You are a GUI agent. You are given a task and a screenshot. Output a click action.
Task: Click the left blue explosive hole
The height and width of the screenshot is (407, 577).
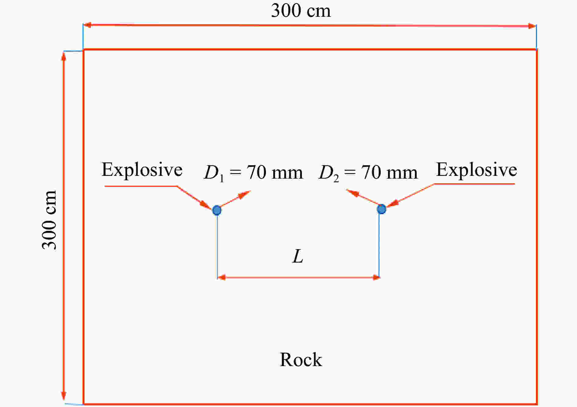[217, 210]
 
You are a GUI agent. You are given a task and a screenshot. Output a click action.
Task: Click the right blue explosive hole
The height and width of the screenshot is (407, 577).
[381, 209]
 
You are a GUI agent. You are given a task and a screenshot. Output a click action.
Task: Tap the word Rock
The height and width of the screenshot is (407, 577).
[301, 359]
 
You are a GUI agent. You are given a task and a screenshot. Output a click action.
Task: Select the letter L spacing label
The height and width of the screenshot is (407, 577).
[298, 256]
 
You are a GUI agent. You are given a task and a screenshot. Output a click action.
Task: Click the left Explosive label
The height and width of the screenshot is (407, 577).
[142, 170]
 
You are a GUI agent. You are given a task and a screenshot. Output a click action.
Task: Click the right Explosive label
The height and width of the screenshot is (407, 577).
[477, 170]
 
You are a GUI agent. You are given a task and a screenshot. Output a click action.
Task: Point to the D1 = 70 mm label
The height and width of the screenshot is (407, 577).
[253, 173]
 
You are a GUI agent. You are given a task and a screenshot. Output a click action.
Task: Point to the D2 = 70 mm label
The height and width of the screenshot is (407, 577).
[368, 173]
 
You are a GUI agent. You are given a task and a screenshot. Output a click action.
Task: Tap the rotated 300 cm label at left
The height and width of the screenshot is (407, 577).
[49, 220]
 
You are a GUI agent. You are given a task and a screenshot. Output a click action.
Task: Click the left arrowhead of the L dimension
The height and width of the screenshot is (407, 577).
[221, 277]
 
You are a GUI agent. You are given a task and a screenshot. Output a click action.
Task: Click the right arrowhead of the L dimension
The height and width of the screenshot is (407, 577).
[376, 277]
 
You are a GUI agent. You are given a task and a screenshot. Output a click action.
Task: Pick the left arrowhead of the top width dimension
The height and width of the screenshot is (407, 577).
[87, 25]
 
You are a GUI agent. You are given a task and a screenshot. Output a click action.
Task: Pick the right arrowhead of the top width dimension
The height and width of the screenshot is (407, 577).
[532, 26]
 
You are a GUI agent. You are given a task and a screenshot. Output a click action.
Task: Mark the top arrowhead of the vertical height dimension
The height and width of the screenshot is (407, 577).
[64, 57]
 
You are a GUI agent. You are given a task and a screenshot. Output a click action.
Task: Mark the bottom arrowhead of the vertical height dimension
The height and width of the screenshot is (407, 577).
[64, 396]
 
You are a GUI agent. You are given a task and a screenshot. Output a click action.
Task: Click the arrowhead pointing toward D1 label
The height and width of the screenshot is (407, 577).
[245, 194]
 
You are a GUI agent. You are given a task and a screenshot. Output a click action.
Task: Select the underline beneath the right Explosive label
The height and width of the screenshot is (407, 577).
[474, 184]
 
